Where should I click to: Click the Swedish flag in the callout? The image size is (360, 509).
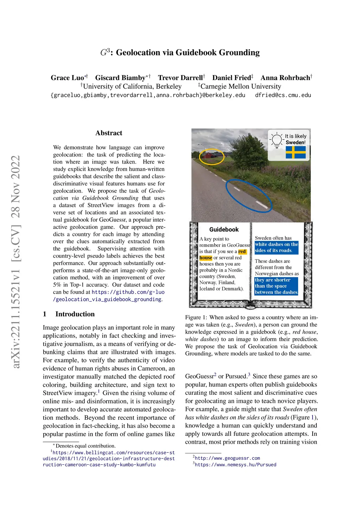tap(296, 153)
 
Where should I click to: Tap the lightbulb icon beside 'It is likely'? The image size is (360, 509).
tap(277, 140)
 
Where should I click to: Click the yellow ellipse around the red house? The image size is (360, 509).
tap(211, 156)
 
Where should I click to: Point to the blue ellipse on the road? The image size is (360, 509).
tap(249, 195)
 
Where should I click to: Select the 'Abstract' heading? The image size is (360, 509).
tap(109, 133)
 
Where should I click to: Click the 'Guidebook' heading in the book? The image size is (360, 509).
tap(224, 230)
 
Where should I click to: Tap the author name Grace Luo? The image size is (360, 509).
tap(67, 78)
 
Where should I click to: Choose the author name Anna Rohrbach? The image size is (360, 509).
tap(285, 78)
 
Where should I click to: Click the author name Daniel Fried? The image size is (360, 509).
tap(231, 78)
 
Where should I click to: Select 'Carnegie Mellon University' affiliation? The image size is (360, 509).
tap(241, 86)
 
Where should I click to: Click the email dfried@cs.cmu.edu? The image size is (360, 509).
tap(283, 95)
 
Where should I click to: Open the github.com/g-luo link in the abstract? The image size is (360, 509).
tap(128, 292)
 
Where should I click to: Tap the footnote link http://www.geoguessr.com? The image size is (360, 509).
tap(227, 458)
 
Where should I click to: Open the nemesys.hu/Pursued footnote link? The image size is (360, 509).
tap(236, 465)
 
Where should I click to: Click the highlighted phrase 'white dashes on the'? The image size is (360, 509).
tap(276, 244)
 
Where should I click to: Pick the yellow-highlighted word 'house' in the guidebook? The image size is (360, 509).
tap(206, 258)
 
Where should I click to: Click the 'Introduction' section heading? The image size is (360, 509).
tap(75, 314)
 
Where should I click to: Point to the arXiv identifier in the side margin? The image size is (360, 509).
tap(16, 262)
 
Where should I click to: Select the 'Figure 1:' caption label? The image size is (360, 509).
tap(193, 317)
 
